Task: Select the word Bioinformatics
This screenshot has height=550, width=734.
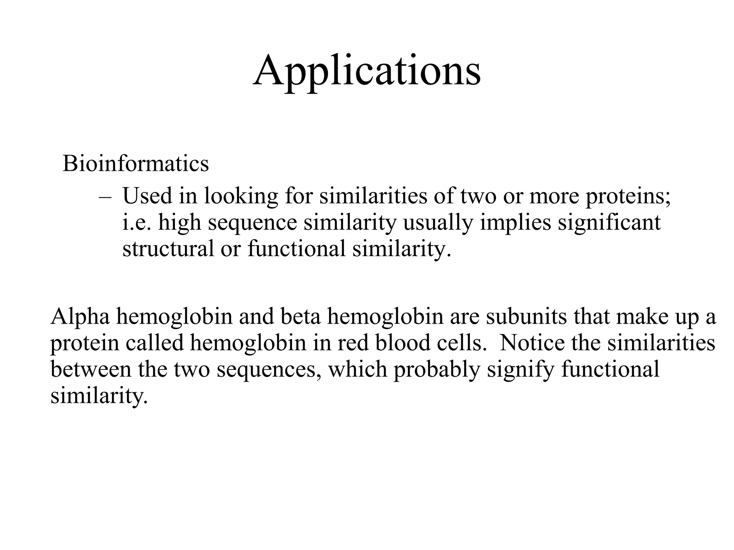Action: coord(135,164)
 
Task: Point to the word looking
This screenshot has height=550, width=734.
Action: coord(241,197)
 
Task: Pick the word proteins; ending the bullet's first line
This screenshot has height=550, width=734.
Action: coord(628,197)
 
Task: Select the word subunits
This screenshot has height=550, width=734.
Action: coord(526,317)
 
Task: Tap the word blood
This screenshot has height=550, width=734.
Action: coord(402,343)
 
